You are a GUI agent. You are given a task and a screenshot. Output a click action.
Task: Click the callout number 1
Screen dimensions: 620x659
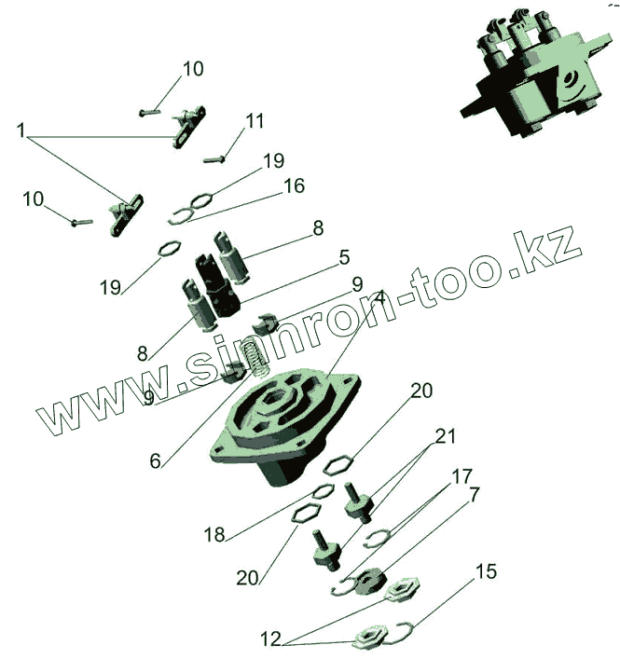point(21,130)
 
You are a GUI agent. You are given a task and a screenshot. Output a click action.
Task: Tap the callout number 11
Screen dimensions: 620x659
point(255,121)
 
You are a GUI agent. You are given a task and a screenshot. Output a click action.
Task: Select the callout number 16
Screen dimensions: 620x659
point(294,186)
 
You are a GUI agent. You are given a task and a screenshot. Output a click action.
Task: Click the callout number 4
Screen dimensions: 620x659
point(379,299)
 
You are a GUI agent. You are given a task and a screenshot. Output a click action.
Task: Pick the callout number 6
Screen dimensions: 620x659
point(156,460)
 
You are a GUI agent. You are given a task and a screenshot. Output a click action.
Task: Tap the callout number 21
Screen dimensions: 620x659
point(446,436)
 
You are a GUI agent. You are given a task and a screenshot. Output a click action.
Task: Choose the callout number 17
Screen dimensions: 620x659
point(462,476)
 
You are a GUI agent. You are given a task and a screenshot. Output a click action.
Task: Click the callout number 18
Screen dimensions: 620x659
point(214,535)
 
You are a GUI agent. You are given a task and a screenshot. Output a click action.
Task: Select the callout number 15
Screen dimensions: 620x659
point(487,570)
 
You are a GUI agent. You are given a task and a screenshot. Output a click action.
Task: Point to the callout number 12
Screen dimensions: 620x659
point(270,639)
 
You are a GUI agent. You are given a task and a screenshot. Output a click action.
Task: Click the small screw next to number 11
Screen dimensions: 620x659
point(214,158)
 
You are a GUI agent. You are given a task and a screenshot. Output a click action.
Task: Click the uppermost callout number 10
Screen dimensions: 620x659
point(192,69)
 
